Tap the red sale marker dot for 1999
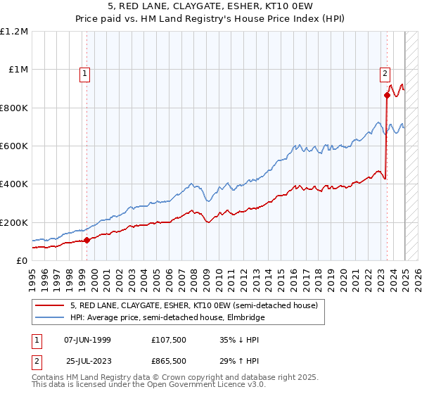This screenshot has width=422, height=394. [x=87, y=240]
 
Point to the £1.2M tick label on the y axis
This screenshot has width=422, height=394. [x=15, y=32]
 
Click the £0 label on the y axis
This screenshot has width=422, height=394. [x=22, y=261]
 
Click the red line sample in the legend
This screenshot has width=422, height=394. [x=49, y=305]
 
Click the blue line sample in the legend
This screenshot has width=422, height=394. [x=49, y=317]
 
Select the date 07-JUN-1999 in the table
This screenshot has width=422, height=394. [x=87, y=340]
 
